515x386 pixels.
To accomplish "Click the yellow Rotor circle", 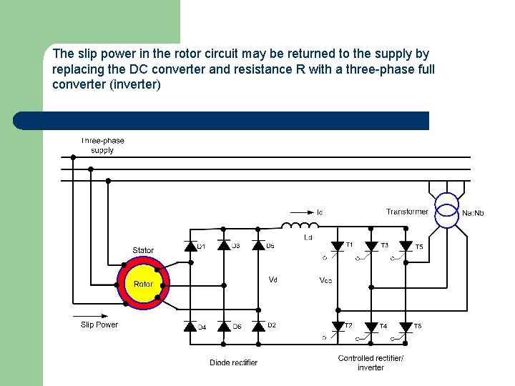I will [x=143, y=284].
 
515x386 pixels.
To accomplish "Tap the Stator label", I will [x=143, y=250].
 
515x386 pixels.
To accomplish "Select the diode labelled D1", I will [x=190, y=247].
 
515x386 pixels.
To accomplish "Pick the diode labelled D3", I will [x=224, y=247].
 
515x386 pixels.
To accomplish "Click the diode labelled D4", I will [x=190, y=327].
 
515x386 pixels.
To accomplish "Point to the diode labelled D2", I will [x=259, y=327].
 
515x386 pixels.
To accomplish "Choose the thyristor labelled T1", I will [x=338, y=247].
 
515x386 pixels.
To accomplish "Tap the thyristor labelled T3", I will [x=371, y=247].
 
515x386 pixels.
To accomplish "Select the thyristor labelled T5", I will [x=406, y=247].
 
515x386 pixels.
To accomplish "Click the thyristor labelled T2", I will [x=338, y=327].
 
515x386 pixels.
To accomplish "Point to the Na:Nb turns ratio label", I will [x=473, y=213].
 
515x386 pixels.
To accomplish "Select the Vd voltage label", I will [x=273, y=279].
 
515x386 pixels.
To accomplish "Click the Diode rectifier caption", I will [x=233, y=362].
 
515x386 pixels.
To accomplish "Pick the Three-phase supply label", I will [x=102, y=145].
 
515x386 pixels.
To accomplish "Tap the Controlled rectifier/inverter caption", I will [x=371, y=362].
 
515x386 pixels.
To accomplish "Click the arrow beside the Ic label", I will [x=300, y=212].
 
